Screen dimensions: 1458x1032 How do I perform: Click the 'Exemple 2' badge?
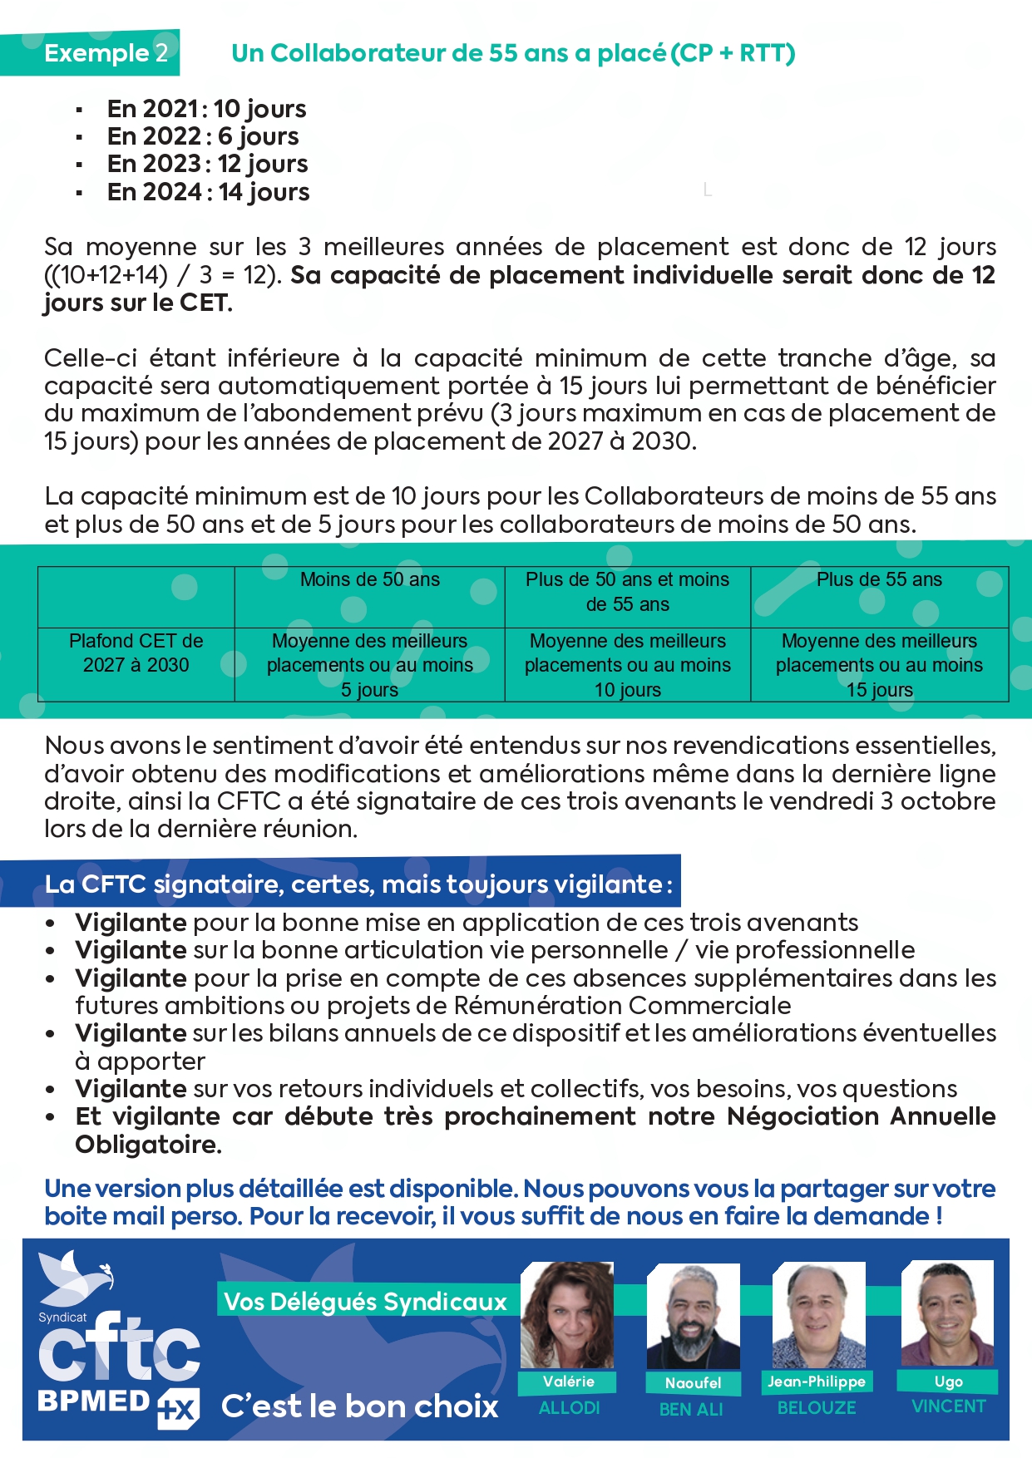pyautogui.click(x=106, y=53)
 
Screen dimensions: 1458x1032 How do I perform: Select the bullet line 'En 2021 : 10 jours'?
pyautogui.click(x=206, y=109)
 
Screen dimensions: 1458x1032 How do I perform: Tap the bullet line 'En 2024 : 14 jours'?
pyautogui.click(x=208, y=192)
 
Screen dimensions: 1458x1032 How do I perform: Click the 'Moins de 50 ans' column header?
pyautogui.click(x=369, y=580)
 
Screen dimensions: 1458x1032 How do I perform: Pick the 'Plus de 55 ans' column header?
pyautogui.click(x=879, y=580)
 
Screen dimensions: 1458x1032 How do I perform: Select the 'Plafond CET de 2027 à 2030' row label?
pyautogui.click(x=136, y=653)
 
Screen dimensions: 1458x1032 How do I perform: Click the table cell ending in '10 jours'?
pyautogui.click(x=628, y=665)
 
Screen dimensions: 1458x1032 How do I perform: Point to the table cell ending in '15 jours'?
pyautogui.click(x=879, y=665)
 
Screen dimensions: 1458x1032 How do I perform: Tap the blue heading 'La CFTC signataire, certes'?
pyautogui.click(x=358, y=884)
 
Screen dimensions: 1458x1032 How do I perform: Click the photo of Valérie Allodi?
pyautogui.click(x=567, y=1315)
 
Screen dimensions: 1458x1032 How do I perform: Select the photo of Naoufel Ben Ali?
pyautogui.click(x=693, y=1317)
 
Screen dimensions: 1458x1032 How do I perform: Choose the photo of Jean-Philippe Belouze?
pyautogui.click(x=818, y=1315)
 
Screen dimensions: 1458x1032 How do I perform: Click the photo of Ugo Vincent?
pyautogui.click(x=947, y=1313)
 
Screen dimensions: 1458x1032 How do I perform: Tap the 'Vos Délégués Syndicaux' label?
pyautogui.click(x=366, y=1302)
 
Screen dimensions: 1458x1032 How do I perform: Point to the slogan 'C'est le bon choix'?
pyautogui.click(x=359, y=1406)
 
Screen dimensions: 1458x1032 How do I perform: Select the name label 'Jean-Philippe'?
pyautogui.click(x=817, y=1382)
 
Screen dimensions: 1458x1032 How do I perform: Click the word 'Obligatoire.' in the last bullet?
pyautogui.click(x=148, y=1145)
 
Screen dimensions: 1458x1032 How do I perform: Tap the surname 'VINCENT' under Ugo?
pyautogui.click(x=948, y=1406)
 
